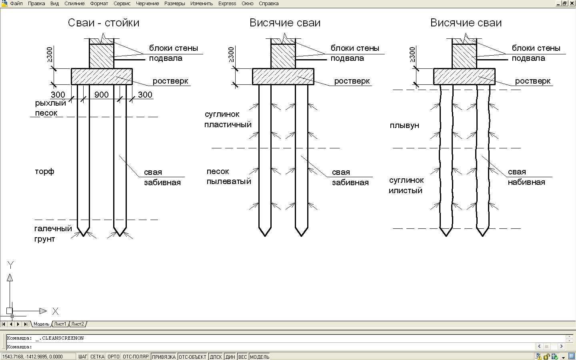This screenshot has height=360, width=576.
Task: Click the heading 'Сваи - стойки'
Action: click(104, 23)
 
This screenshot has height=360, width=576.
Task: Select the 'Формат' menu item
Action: click(99, 4)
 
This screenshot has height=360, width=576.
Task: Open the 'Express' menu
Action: click(227, 4)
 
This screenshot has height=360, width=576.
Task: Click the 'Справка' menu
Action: click(268, 4)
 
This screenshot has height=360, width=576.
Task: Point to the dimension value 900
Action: click(101, 95)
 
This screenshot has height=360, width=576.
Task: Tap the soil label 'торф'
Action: click(44, 172)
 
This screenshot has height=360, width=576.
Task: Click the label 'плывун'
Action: click(404, 126)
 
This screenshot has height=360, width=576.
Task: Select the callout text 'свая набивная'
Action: click(526, 177)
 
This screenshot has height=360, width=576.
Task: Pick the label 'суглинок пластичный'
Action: click(228, 119)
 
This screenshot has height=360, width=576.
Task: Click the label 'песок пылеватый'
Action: click(228, 176)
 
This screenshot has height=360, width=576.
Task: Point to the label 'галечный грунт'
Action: click(53, 234)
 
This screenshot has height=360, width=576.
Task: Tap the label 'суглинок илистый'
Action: click(406, 185)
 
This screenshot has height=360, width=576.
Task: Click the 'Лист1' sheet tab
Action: click(60, 324)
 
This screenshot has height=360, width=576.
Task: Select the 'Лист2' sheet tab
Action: click(78, 324)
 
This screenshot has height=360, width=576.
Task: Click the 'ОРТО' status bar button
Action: click(114, 357)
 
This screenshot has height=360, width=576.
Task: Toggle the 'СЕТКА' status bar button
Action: click(97, 357)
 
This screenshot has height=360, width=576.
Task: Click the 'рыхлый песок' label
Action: click(50, 108)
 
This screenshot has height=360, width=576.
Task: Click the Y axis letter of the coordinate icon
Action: click(11, 265)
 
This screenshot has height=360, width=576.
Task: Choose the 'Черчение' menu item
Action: click(147, 4)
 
